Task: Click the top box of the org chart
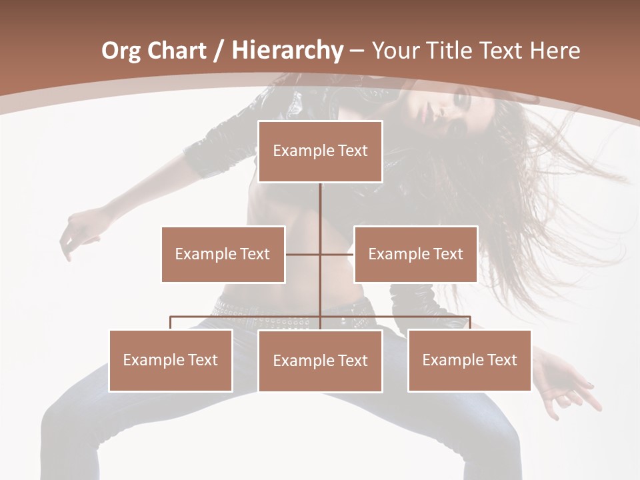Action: [320, 151]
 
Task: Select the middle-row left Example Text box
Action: [223, 254]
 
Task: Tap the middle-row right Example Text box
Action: [415, 254]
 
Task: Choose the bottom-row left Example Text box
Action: [171, 360]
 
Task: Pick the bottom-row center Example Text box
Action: [320, 361]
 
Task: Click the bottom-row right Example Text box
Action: [469, 360]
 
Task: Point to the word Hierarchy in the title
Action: [287, 51]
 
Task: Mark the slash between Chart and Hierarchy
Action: [219, 51]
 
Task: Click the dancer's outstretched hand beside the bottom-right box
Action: [567, 383]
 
